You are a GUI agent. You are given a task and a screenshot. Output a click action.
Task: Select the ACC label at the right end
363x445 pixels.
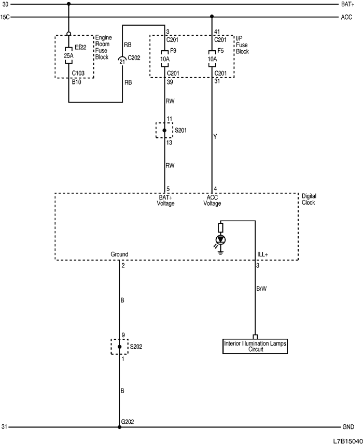pyautogui.click(x=347, y=17)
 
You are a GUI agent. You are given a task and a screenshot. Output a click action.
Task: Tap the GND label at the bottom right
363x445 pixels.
pyautogui.click(x=348, y=427)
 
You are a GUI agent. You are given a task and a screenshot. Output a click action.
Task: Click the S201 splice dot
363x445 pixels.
pyautogui.click(x=164, y=131)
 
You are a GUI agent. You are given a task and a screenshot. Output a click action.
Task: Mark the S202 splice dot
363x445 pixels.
pyautogui.click(x=119, y=347)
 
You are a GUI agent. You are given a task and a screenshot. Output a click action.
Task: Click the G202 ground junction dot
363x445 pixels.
pyautogui.click(x=119, y=427)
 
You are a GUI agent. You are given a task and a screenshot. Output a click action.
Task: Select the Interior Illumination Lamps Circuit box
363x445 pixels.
pyautogui.click(x=255, y=346)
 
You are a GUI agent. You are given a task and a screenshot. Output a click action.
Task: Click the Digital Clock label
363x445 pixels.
pyautogui.click(x=309, y=199)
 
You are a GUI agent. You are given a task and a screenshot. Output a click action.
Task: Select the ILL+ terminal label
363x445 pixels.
pyautogui.click(x=263, y=255)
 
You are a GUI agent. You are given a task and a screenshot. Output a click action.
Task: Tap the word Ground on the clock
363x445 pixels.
pyautogui.click(x=119, y=255)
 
